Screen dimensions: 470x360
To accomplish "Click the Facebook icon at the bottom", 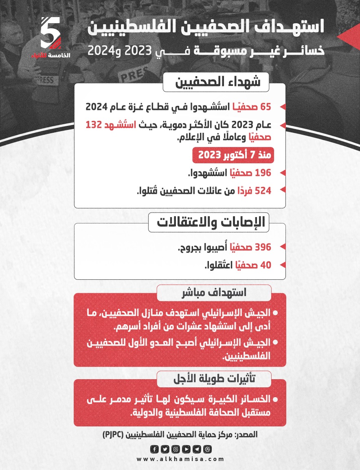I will pyautogui.click(x=154, y=449).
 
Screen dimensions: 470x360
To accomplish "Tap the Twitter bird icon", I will pyautogui.click(x=165, y=449).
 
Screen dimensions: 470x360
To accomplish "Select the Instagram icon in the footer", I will pyautogui.click(x=176, y=449).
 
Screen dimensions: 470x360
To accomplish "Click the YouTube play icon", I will pyautogui.click(x=186, y=449).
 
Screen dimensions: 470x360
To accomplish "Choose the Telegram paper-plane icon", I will pyautogui.click(x=197, y=449).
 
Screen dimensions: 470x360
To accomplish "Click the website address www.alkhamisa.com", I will pyautogui.click(x=180, y=459).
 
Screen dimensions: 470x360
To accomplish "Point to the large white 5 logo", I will pyautogui.click(x=51, y=33).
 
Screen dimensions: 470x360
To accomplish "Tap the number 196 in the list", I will pyautogui.click(x=263, y=173).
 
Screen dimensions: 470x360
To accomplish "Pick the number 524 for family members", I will pyautogui.click(x=263, y=190).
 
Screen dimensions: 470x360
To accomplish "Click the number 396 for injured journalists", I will pyautogui.click(x=263, y=247).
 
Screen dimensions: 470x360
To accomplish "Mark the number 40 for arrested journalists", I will pyautogui.click(x=266, y=265).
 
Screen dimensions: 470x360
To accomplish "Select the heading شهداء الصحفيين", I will pyautogui.click(x=217, y=83).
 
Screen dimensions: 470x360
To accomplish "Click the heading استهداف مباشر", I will pyautogui.click(x=214, y=293).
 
